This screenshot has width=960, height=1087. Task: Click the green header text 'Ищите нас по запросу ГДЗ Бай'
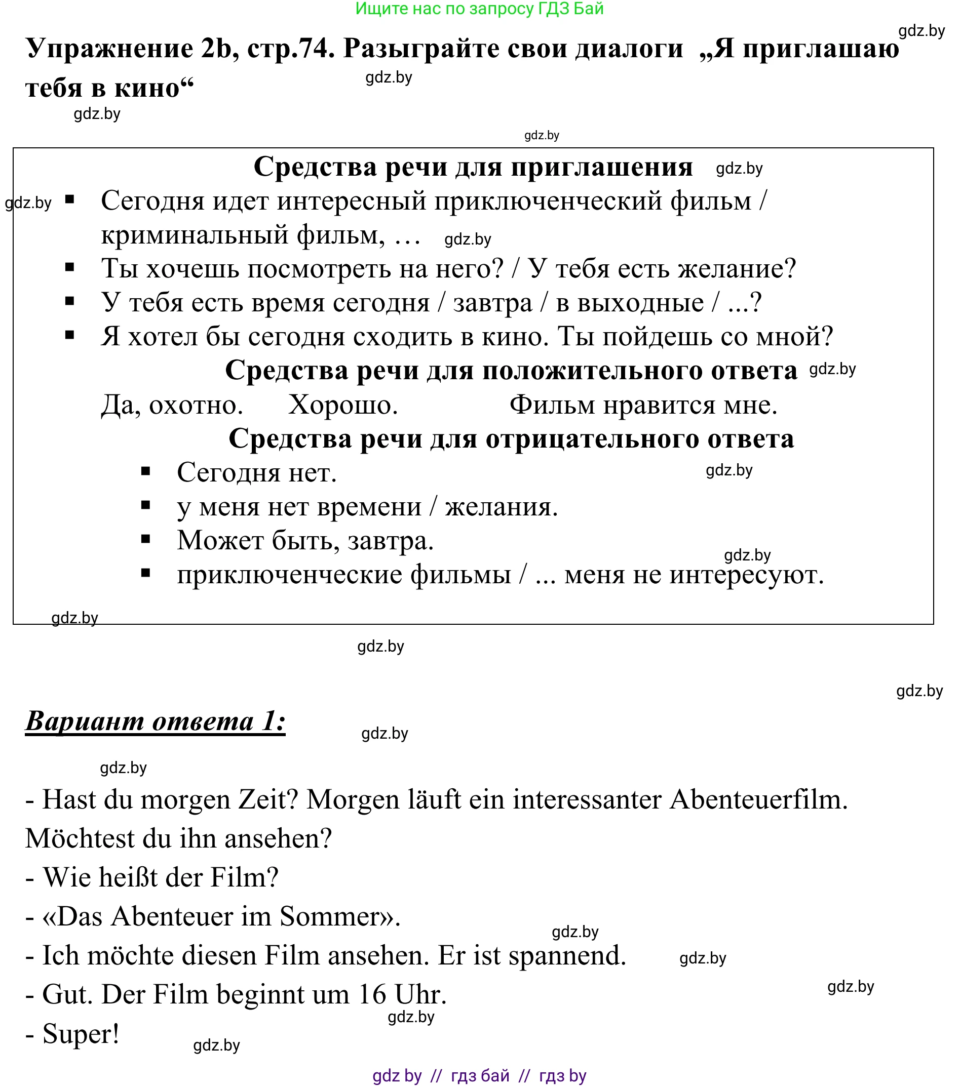[479, 9]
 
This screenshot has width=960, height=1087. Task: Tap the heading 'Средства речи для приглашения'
[473, 167]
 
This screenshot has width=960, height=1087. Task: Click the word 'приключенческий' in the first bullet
[548, 202]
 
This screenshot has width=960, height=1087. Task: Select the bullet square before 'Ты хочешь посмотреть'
[69, 267]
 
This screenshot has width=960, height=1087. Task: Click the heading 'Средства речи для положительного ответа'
[511, 371]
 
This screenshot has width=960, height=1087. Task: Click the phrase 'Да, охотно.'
[172, 405]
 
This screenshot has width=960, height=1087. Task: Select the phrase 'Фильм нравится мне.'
[643, 405]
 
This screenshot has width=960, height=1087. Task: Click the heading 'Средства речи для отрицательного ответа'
[511, 439]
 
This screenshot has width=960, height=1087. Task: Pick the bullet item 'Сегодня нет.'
[256, 473]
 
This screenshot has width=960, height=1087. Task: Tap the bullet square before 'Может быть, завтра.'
[146, 540]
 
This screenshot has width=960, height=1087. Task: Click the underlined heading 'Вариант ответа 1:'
[156, 722]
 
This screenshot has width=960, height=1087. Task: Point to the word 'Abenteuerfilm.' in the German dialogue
[758, 800]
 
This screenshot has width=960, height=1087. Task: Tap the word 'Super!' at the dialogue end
[81, 1034]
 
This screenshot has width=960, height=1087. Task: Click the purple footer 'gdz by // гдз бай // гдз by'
[479, 1076]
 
